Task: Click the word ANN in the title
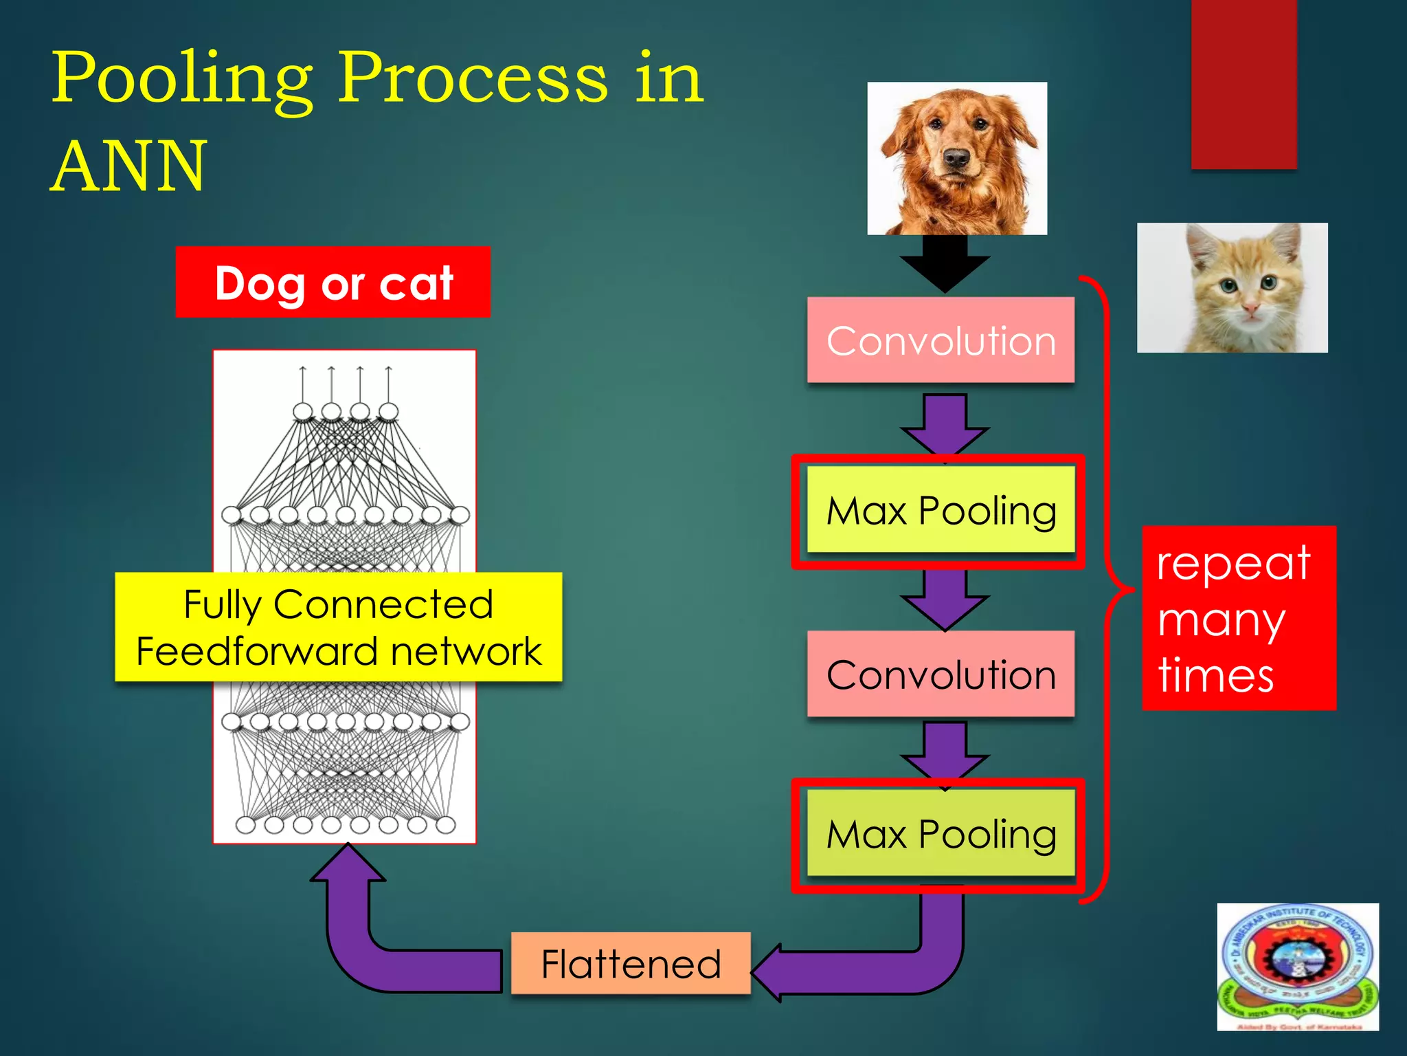tap(128, 166)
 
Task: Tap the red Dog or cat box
tap(333, 283)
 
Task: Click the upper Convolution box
tap(941, 340)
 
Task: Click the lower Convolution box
tap(941, 674)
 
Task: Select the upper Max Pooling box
tap(941, 511)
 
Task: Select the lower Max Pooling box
tap(941, 834)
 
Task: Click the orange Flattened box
tap(631, 963)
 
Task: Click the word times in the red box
tap(1216, 676)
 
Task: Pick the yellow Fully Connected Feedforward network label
tap(339, 627)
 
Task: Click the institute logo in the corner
tap(1298, 966)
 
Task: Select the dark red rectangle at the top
tap(1243, 82)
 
